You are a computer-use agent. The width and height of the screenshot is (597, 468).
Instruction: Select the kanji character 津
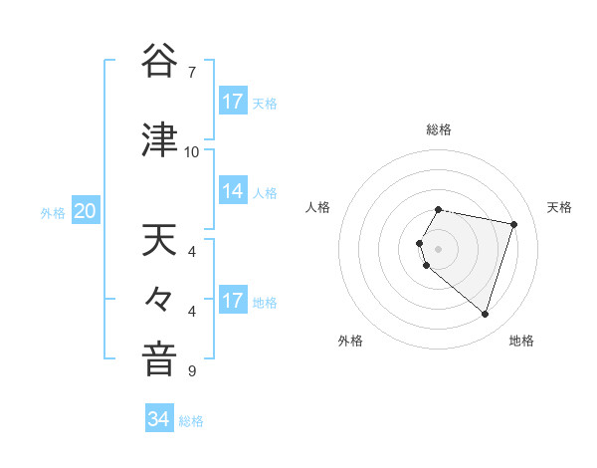coord(159,141)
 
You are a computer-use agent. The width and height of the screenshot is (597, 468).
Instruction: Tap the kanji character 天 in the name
coord(159,240)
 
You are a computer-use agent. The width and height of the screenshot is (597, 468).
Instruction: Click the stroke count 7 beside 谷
coord(192,72)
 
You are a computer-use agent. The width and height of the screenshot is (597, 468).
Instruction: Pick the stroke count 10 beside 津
coord(192,152)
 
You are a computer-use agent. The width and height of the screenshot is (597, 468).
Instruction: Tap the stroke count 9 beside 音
coord(192,371)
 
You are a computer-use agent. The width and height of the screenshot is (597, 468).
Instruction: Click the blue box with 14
coord(233,191)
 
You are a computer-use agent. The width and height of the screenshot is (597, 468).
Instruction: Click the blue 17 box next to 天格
coord(233,102)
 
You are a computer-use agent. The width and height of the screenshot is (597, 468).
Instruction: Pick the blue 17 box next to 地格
coord(233,301)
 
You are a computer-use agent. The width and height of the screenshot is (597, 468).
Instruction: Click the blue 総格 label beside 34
coord(191,421)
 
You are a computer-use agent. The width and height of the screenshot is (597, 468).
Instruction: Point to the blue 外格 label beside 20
coord(53,212)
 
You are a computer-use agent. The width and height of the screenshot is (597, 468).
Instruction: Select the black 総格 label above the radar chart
coord(438,130)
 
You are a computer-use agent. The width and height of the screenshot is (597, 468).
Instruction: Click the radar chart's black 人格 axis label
coord(317,207)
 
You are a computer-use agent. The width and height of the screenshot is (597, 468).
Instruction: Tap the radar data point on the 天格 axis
coord(513,224)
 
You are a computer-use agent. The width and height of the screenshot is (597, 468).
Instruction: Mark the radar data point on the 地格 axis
coord(485,315)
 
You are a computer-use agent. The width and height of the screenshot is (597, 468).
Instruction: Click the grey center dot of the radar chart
coord(438,248)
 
